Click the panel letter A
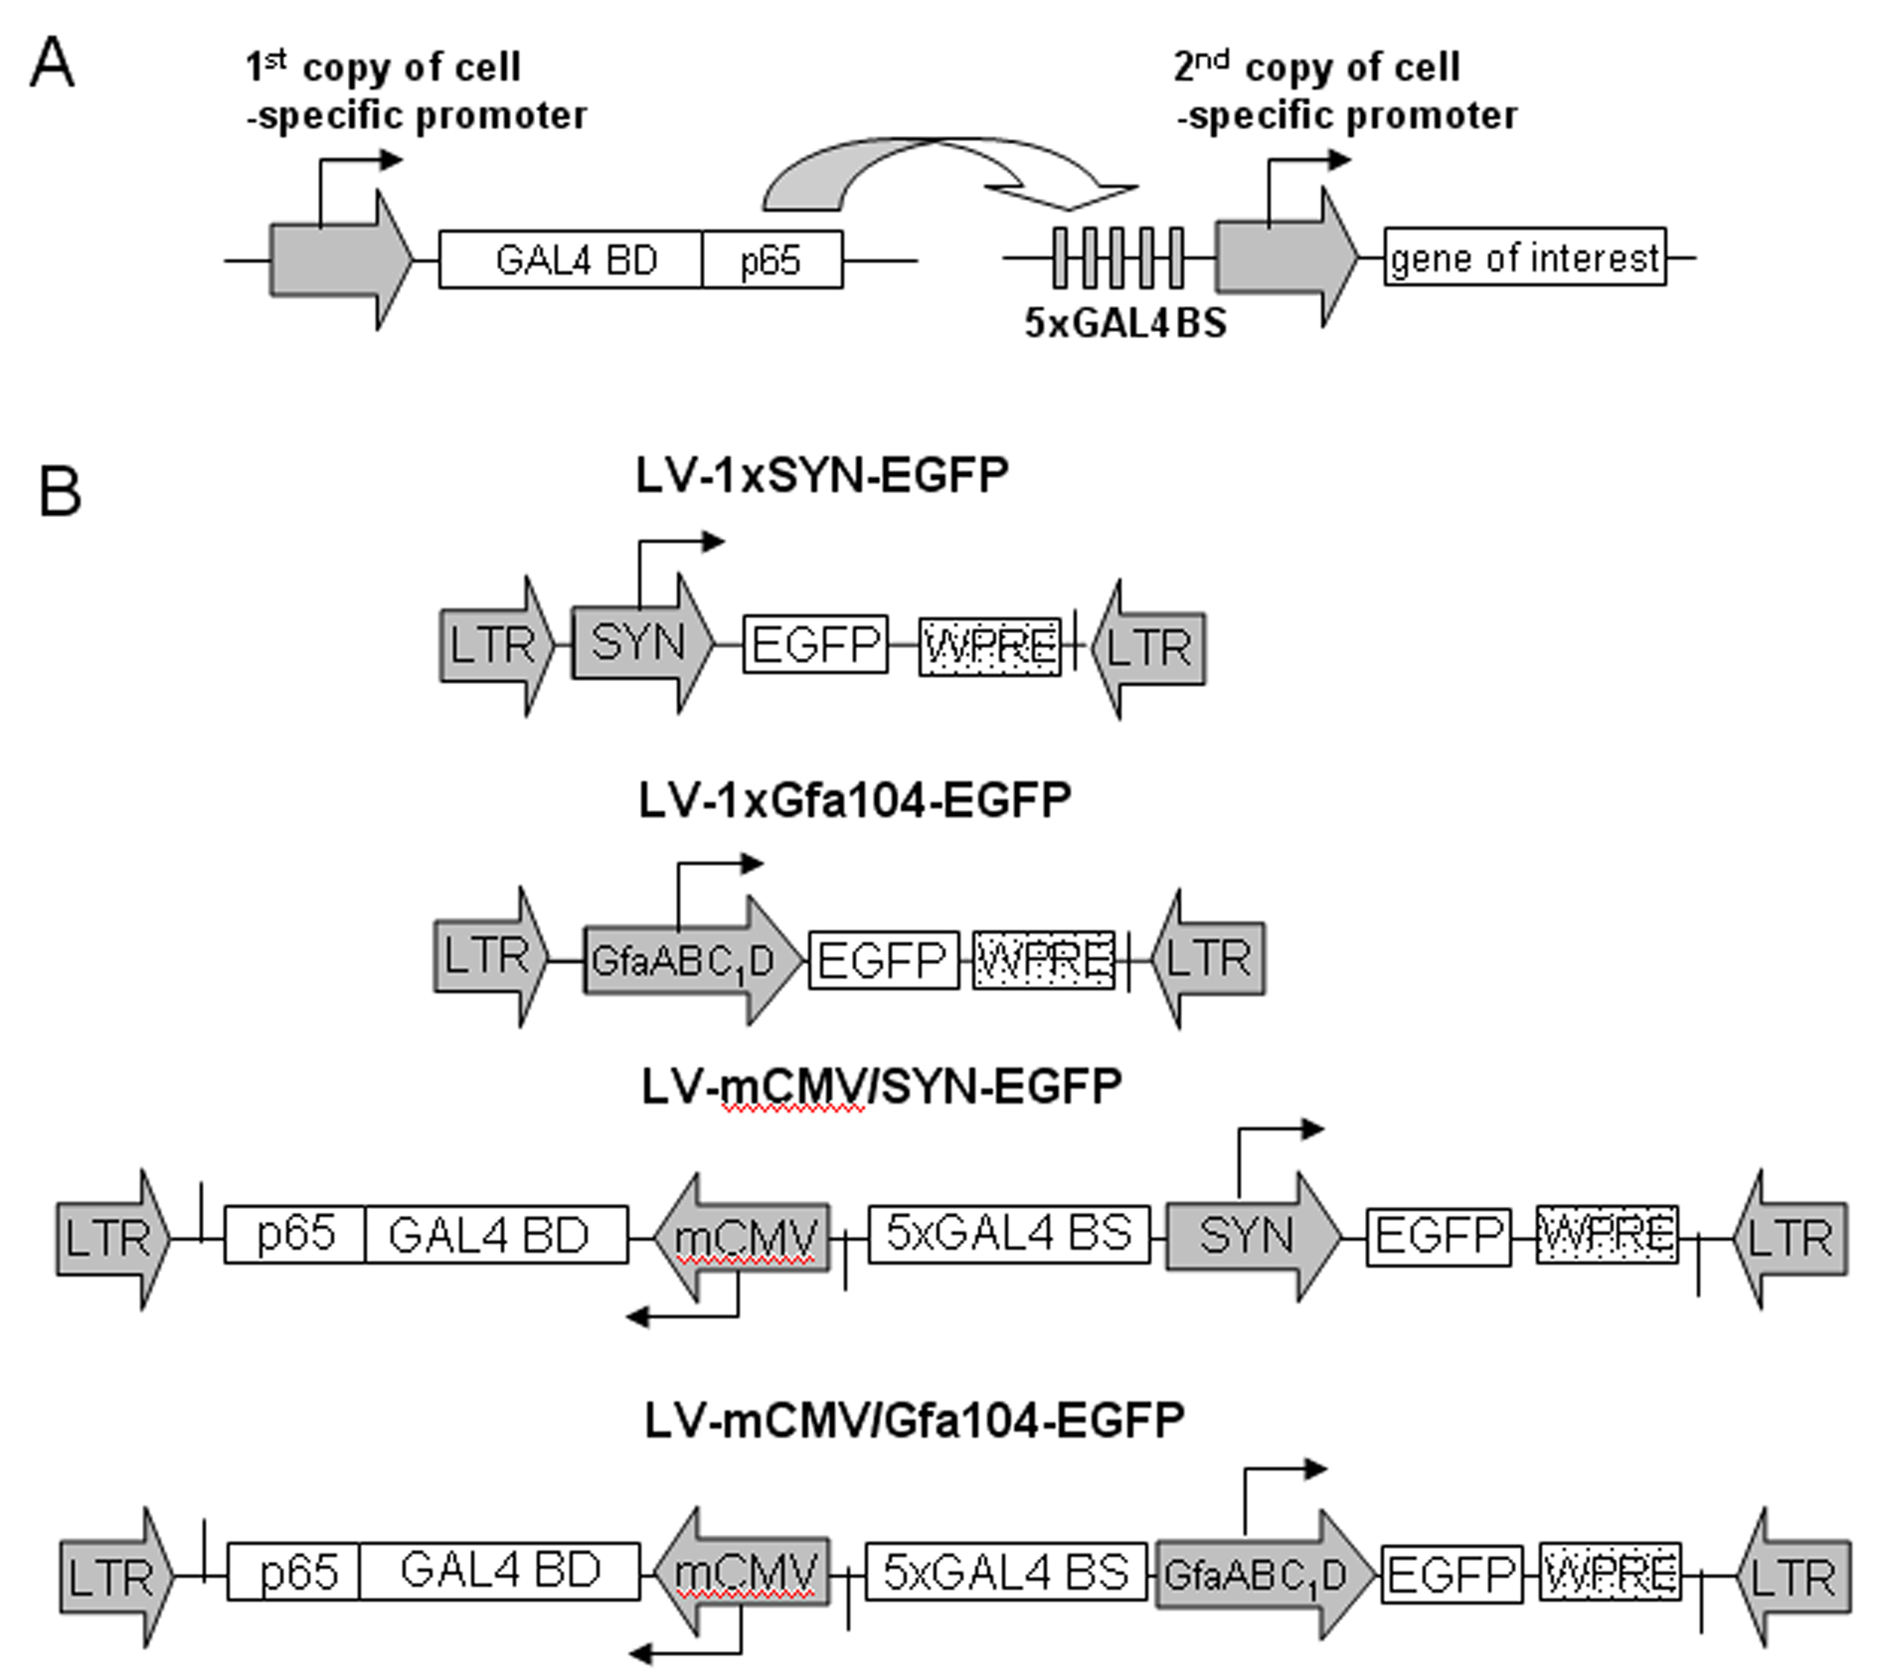pos(52,66)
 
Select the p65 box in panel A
pos(772,259)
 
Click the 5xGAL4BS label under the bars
pos(1125,323)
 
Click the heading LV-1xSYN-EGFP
pos(822,475)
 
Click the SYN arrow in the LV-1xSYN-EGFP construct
pos(643,643)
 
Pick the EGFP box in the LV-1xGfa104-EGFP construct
pos(884,961)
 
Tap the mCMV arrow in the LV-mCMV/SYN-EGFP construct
pos(742,1236)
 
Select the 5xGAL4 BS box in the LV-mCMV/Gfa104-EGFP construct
pos(1006,1571)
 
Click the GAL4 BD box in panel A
pos(571,259)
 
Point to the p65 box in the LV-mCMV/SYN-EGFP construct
pos(295,1234)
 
